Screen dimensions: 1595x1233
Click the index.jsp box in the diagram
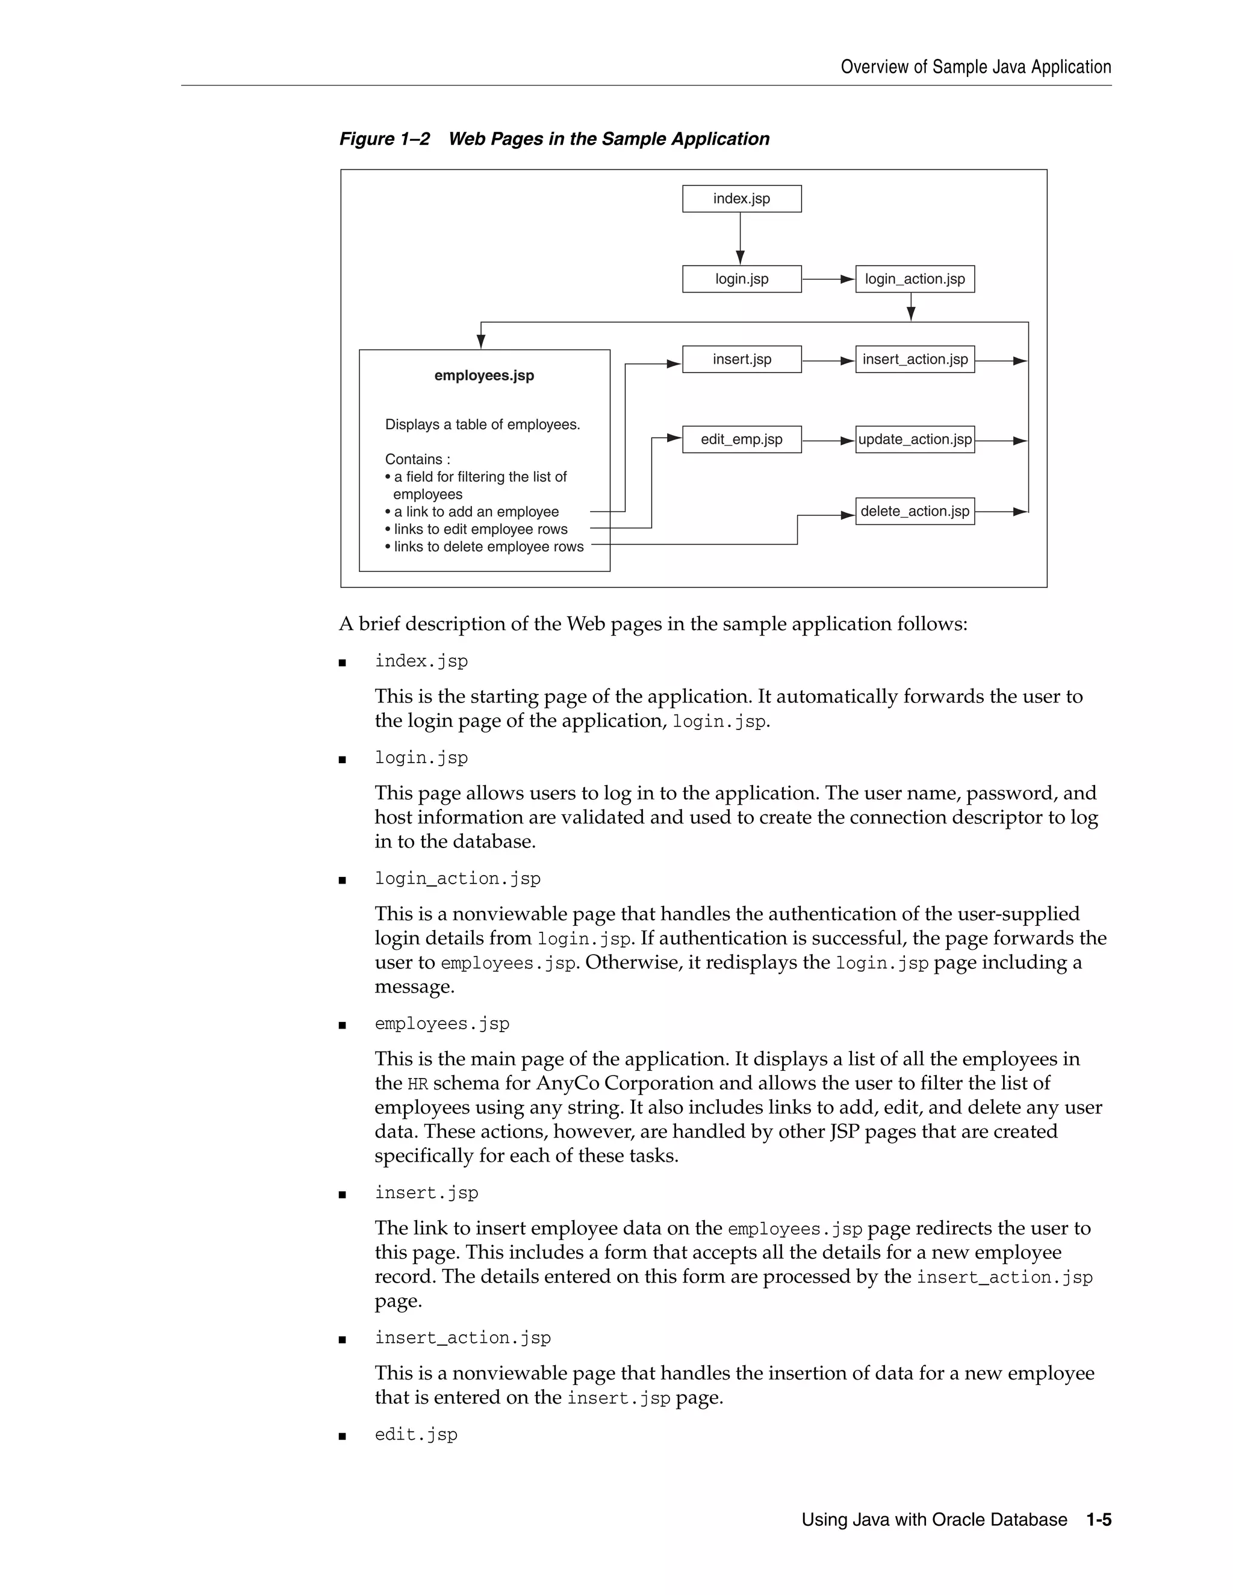741,199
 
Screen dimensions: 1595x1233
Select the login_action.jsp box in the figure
915,279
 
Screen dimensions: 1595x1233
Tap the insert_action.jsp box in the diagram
915,359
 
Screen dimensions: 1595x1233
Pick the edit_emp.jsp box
741,439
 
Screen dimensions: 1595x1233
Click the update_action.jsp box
915,439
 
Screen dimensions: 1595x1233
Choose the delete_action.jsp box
915,511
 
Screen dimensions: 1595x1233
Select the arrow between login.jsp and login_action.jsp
828,279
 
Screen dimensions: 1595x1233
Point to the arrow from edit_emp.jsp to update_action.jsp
828,441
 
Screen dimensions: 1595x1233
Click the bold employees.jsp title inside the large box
484,376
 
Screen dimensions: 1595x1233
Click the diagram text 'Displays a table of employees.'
482,424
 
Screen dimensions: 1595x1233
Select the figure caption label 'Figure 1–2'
385,139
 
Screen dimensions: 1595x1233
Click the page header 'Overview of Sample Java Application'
975,67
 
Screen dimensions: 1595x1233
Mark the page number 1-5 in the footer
1099,1520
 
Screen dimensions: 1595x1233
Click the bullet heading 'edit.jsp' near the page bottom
415,1434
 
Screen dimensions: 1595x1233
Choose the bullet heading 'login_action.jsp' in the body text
458,879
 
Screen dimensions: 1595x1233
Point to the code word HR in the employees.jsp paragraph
417,1085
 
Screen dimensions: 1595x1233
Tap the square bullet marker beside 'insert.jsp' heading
342,1195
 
